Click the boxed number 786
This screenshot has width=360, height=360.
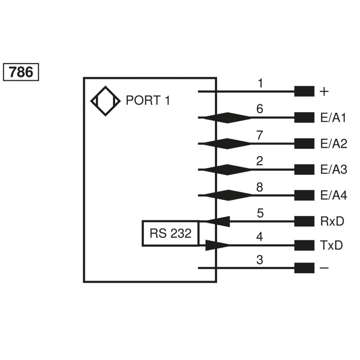21,72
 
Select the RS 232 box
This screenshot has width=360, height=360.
170,233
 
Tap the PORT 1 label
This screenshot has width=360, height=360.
148,100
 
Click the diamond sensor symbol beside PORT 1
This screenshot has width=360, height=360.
105,101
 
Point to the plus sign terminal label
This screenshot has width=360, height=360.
324,92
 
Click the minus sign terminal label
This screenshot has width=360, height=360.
324,268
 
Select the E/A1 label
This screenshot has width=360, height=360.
333,118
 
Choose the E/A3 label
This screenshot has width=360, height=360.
333,170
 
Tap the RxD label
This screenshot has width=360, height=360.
332,221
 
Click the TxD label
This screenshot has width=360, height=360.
331,246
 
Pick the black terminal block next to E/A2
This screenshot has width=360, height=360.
304,144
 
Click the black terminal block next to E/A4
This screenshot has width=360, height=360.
304,195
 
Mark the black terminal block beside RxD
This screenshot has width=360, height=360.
304,221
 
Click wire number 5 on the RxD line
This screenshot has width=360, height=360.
260,213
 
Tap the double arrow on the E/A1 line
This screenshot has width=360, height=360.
227,118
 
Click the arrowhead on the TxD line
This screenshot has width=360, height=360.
217,246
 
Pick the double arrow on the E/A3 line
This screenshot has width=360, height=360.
227,170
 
